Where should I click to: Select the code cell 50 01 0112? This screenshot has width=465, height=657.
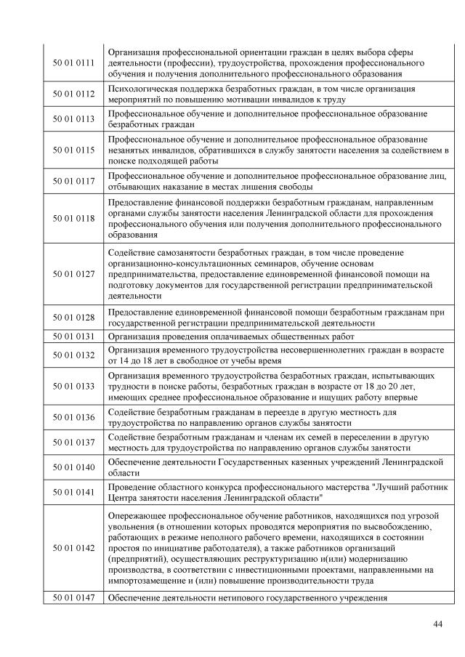(74, 94)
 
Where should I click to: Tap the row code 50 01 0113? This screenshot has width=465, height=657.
(74, 119)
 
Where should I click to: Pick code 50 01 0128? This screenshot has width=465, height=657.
(74, 317)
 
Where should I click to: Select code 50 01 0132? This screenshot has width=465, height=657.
(74, 354)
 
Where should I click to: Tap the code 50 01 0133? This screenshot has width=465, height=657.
(74, 386)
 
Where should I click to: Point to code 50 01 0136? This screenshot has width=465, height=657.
(74, 417)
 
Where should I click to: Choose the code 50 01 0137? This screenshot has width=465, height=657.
(74, 442)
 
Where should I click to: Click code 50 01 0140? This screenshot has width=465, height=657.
(74, 467)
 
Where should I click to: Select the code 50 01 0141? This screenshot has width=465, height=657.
(74, 492)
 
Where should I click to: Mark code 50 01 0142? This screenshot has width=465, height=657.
(74, 548)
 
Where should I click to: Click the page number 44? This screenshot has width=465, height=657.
(437, 624)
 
